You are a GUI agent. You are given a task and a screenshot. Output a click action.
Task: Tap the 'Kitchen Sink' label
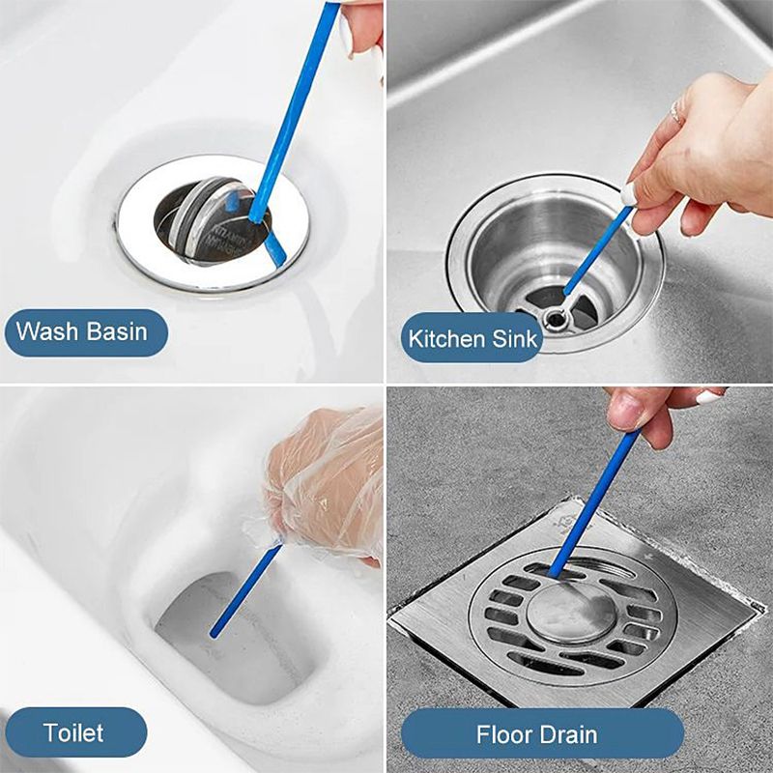(x=472, y=339)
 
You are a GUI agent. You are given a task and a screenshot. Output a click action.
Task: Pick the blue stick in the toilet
(x=245, y=588)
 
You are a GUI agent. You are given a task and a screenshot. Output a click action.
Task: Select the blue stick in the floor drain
(x=594, y=502)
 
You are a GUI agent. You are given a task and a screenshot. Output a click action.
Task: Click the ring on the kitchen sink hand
(x=675, y=112)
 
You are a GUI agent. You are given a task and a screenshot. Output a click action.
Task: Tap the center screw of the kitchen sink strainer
(x=557, y=320)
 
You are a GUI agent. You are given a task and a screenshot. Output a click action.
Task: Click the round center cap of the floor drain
(x=572, y=612)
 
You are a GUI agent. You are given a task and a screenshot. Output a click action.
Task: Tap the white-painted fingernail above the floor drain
(x=709, y=396)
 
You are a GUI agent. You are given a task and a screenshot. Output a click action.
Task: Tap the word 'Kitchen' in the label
(x=446, y=339)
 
